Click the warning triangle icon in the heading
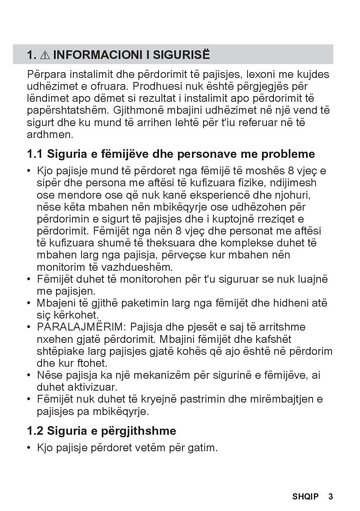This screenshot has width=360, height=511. click(45, 55)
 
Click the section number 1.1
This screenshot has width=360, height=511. click(35, 154)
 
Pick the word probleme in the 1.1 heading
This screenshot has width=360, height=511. click(288, 154)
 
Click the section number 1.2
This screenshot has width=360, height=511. click(35, 431)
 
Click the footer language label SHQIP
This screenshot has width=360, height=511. click(305, 497)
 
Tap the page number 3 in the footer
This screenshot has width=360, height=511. click(330, 497)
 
